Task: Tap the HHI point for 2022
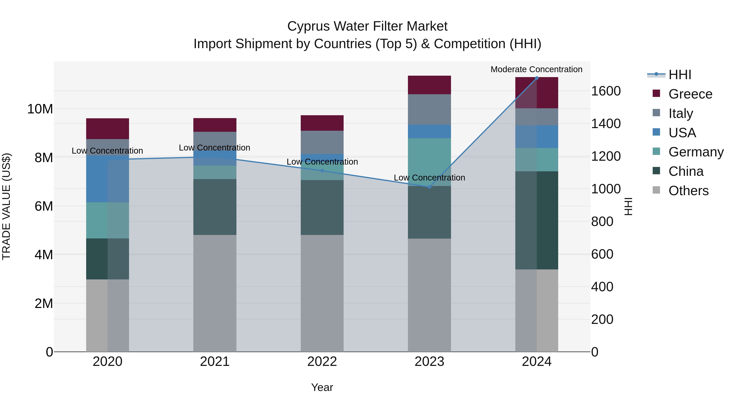322,171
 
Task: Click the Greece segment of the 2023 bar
429,85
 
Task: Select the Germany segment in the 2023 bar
429,160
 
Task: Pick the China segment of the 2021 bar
215,207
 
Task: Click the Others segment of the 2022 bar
322,293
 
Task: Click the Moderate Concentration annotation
536,69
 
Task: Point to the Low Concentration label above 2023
429,178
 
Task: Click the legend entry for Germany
696,152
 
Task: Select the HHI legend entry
680,75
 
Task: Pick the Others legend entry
688,191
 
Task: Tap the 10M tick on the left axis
40,109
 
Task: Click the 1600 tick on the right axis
606,91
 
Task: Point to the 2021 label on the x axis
215,362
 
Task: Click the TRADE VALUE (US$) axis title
6,206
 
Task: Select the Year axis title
322,387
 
